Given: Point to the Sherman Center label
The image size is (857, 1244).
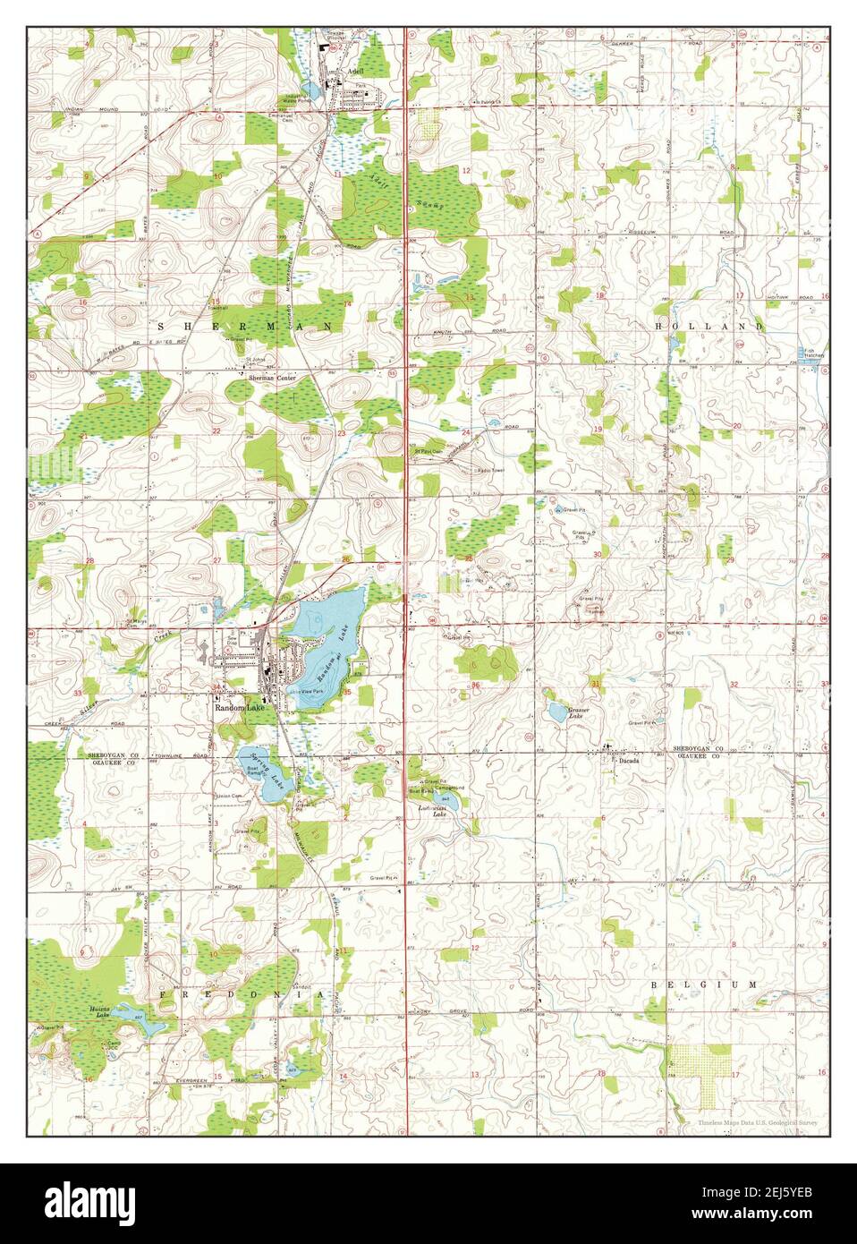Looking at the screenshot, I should coord(272,379).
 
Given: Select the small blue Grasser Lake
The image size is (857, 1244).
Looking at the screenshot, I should coord(556,712).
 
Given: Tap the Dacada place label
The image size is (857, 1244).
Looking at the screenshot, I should coord(628,761).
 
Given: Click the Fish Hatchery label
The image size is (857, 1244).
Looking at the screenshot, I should coord(812,354).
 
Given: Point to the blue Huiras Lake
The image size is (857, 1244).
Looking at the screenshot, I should coord(133,1017).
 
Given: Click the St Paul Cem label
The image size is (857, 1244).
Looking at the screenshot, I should coord(428,451).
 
